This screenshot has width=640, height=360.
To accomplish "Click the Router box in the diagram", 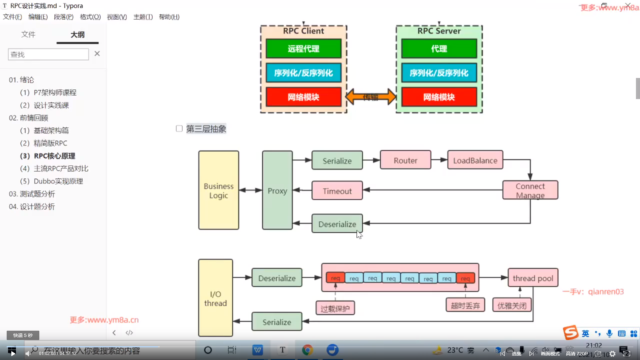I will click(405, 160).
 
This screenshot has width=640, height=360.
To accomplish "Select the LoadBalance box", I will click(475, 160).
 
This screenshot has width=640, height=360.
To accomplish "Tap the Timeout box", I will click(337, 191).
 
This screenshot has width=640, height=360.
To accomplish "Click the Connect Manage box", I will click(530, 190).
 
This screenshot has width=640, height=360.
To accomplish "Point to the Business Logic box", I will click(219, 190).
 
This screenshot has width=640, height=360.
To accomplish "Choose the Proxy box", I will click(277, 190).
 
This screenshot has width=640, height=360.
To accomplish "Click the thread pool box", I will click(533, 278).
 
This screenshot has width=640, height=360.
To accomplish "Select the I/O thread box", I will click(215, 298).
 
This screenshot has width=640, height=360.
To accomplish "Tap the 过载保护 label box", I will click(335, 308).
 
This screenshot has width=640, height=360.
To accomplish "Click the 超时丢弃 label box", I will click(465, 305).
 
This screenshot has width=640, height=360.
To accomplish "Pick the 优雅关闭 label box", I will click(512, 305).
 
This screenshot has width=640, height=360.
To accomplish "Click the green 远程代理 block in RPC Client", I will click(303, 49).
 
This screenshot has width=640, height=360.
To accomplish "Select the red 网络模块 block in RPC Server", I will click(439, 97).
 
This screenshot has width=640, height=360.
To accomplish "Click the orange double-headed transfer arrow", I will click(371, 97).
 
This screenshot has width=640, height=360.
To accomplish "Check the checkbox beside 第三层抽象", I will click(179, 129).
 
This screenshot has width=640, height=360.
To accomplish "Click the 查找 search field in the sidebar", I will click(48, 54).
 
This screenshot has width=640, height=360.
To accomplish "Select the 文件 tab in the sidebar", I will click(28, 34).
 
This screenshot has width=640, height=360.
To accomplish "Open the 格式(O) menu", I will click(90, 17).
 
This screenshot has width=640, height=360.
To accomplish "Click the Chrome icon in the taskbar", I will click(307, 350).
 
